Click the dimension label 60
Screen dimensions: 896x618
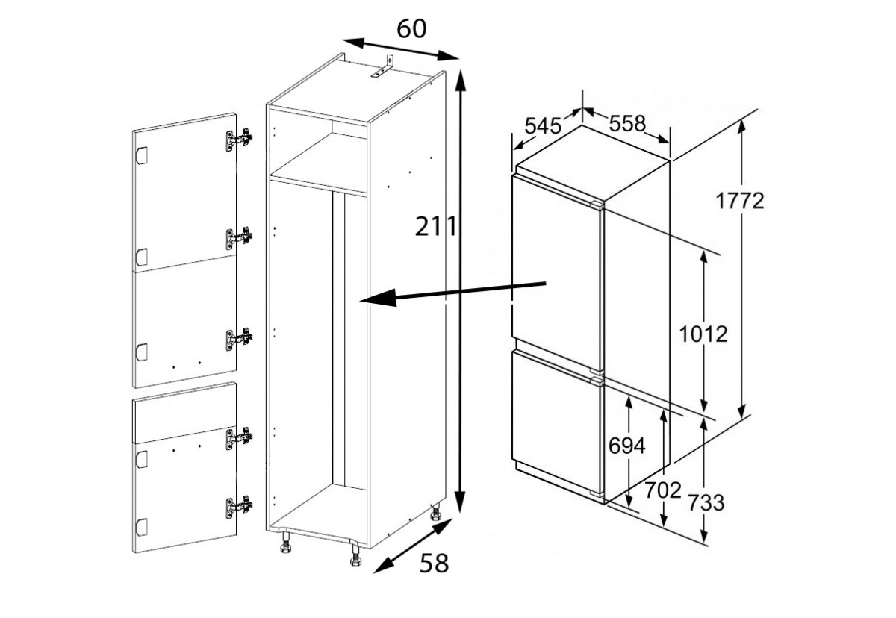[411, 29]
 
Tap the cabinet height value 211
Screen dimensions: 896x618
[435, 226]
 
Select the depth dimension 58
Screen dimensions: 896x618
[434, 564]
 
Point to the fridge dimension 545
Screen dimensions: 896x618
[543, 126]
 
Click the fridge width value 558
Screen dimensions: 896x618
[627, 123]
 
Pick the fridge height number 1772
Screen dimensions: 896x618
[740, 201]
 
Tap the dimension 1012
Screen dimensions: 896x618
[703, 334]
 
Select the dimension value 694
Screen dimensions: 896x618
[626, 446]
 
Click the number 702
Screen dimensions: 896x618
[663, 490]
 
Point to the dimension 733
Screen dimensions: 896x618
[706, 503]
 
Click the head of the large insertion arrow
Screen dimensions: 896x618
[378, 298]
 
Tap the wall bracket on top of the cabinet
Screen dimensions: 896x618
[383, 66]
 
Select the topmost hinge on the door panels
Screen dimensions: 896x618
[239, 140]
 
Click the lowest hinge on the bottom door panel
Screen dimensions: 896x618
[239, 508]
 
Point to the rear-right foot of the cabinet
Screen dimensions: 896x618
[435, 513]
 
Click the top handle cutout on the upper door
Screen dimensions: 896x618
[142, 155]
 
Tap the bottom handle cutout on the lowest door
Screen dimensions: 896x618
[142, 527]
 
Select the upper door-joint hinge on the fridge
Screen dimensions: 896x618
[597, 205]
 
